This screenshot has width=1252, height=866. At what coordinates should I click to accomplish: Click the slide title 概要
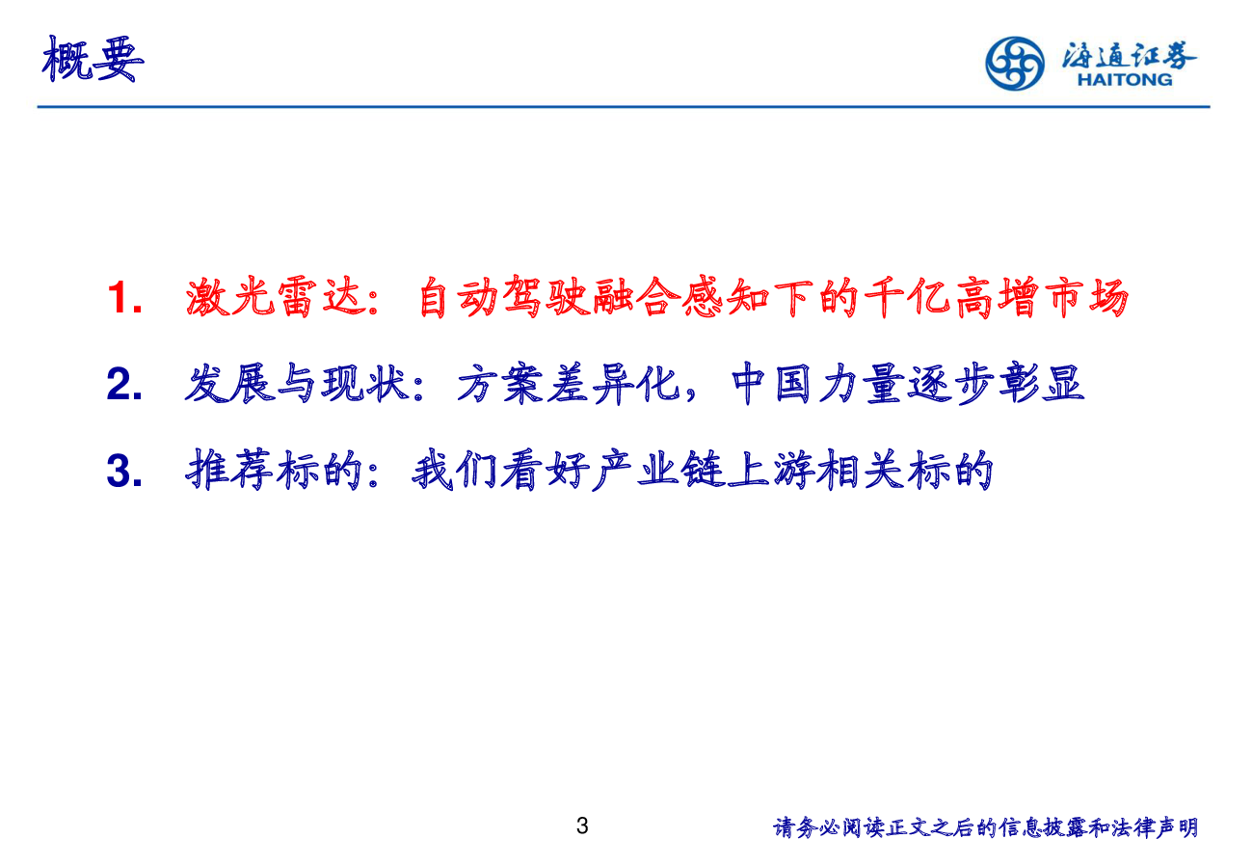93,59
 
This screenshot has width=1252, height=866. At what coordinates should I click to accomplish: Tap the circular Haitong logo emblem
1015,64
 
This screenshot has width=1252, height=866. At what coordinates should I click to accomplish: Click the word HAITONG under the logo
1125,80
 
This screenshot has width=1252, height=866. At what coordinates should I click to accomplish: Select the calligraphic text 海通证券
1129,55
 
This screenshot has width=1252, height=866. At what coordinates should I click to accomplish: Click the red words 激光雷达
276,297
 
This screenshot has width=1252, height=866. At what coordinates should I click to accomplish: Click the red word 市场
1086,297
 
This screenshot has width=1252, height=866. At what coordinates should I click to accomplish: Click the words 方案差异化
569,384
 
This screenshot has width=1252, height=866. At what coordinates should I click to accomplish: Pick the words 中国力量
818,384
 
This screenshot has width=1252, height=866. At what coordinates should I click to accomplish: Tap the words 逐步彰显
996,384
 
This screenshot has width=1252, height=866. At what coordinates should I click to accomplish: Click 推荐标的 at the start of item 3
274,471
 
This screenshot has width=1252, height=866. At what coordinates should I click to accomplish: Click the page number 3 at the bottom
582,825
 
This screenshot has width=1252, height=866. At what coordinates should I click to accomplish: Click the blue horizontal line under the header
624,106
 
